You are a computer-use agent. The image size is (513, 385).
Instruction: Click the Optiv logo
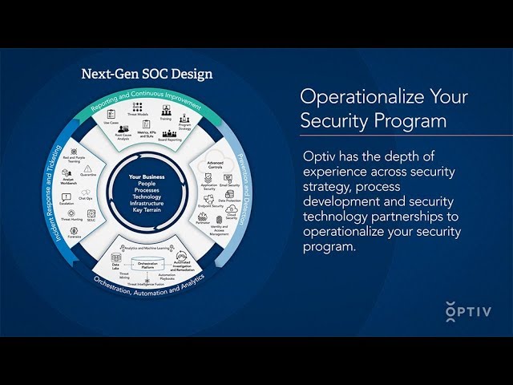468,310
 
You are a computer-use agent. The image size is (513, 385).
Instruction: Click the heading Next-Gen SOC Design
147,74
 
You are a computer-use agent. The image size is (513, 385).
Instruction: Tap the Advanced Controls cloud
215,165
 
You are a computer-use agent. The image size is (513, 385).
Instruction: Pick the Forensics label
74,237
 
